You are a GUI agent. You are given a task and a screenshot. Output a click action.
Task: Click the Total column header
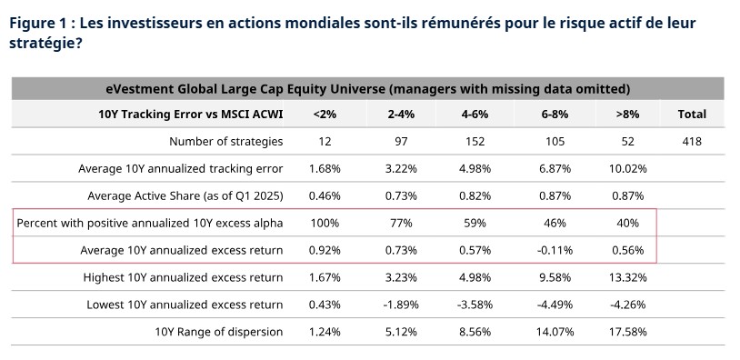(x=692, y=115)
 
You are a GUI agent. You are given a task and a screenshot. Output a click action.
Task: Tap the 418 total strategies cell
(x=692, y=141)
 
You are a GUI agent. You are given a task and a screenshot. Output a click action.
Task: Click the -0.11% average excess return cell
(x=554, y=250)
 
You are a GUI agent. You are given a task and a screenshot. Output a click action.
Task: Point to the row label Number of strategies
(x=225, y=141)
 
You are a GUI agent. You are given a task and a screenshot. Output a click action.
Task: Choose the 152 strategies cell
(x=475, y=141)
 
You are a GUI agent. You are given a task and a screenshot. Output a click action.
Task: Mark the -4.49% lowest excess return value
(x=554, y=305)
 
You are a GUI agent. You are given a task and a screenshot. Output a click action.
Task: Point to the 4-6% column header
(x=475, y=115)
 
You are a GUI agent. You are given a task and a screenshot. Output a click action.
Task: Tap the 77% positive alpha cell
(x=400, y=223)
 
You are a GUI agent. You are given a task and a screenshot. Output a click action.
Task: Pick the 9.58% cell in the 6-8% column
(x=554, y=277)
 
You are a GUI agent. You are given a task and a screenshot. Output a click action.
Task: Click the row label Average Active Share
(x=185, y=195)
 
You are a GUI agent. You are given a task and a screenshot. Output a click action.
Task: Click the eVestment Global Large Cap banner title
(x=368, y=88)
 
